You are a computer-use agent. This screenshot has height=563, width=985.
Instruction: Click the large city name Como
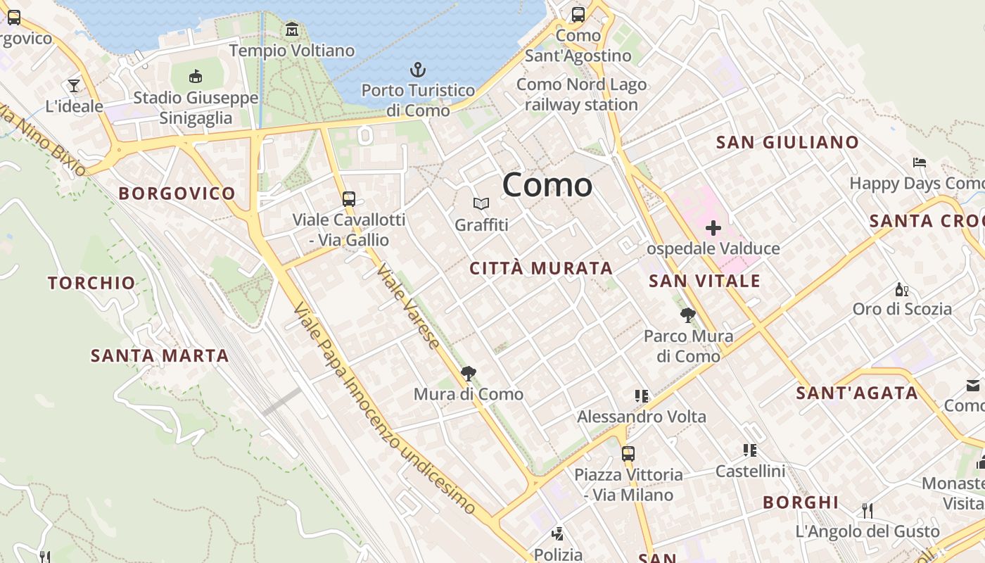point(547,185)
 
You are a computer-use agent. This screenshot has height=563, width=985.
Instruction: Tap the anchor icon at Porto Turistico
point(419,70)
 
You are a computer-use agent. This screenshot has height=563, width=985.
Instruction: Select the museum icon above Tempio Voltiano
point(292,30)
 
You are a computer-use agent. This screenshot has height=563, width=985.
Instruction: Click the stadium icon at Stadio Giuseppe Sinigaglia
point(196,75)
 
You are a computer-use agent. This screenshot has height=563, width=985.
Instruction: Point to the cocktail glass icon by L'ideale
point(74,86)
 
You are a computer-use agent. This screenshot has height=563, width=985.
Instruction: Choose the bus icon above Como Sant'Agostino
point(578,14)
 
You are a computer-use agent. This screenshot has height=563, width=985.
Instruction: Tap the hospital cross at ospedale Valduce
point(713,228)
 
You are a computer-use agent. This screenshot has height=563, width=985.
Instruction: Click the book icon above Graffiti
point(481,204)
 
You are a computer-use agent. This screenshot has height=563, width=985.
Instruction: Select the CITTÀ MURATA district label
point(541,268)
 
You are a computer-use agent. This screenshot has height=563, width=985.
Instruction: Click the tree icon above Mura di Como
point(468,374)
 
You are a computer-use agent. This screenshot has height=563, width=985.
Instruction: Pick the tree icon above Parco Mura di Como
point(688,315)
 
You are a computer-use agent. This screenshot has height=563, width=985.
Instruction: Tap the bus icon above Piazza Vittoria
point(628,454)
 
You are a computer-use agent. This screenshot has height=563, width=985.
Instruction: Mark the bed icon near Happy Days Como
point(919,163)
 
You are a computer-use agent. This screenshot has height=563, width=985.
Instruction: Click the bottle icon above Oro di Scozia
point(901,289)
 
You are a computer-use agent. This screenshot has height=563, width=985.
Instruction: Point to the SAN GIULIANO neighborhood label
point(787,142)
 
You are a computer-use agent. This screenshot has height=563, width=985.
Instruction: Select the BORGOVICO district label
point(177,194)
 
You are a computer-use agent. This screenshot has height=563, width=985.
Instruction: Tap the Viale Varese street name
point(408,306)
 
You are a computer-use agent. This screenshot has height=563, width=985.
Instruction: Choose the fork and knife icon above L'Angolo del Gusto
point(868,510)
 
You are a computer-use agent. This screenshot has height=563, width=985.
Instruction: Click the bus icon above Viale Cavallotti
point(349,198)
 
